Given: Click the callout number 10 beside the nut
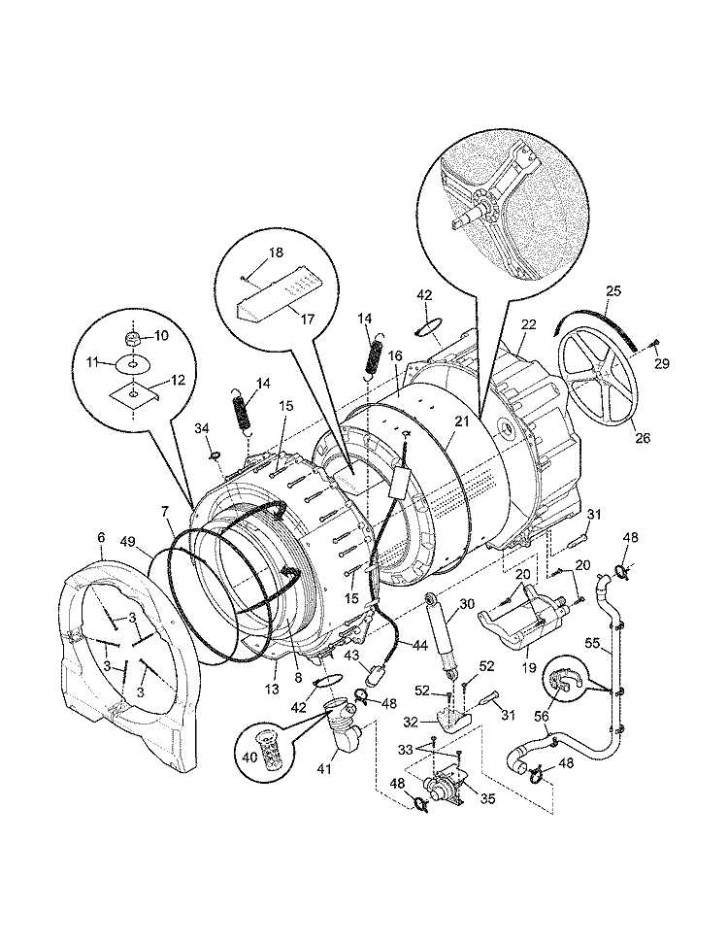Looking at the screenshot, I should tap(161, 336).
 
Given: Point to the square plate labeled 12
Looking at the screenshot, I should tap(134, 391).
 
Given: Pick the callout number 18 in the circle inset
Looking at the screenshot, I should tap(276, 253).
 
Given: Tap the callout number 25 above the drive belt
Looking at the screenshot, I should tap(612, 290).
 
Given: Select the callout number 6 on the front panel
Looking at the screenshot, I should tap(101, 537).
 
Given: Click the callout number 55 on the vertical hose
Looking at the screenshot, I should tap(617, 643).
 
